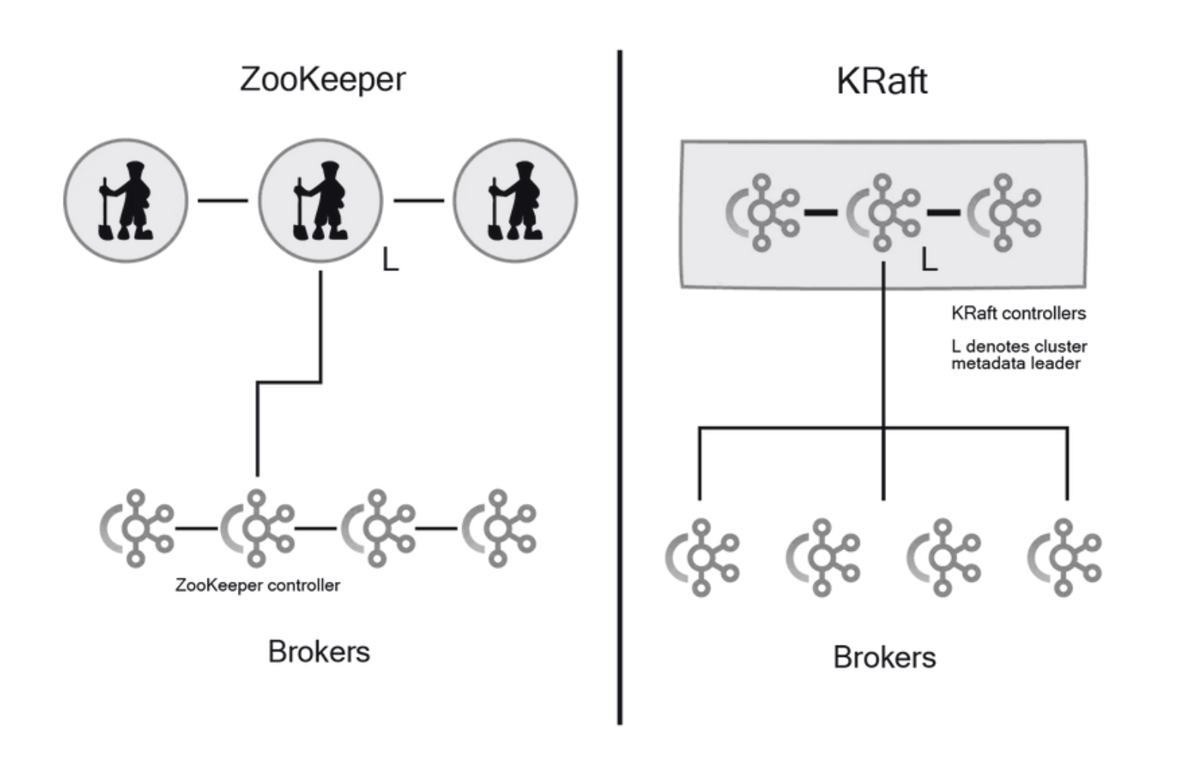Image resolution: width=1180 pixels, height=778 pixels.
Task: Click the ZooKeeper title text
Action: pyautogui.click(x=323, y=79)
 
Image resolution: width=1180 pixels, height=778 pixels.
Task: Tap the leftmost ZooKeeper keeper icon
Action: pyautogui.click(x=126, y=201)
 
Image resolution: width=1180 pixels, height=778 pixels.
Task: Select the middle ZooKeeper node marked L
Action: pyautogui.click(x=320, y=201)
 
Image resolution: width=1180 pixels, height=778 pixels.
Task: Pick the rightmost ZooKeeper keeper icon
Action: pyautogui.click(x=515, y=201)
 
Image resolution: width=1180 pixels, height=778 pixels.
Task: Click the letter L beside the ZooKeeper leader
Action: pyautogui.click(x=390, y=260)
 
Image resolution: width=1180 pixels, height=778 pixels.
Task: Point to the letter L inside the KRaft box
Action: pyautogui.click(x=929, y=261)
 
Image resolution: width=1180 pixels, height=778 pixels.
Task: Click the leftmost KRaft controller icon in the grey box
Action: pyautogui.click(x=763, y=213)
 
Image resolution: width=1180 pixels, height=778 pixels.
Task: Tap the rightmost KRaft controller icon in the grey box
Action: pyautogui.click(x=1004, y=213)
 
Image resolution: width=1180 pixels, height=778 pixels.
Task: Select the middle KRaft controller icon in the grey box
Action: pyautogui.click(x=883, y=213)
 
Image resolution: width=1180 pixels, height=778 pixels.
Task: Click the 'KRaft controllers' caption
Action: pyautogui.click(x=1018, y=313)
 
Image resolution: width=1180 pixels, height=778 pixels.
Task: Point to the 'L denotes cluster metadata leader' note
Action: pyautogui.click(x=1018, y=355)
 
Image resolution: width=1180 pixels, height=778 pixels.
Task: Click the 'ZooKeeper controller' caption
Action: pyautogui.click(x=258, y=585)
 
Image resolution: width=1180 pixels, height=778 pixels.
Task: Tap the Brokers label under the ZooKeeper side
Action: pyautogui.click(x=319, y=652)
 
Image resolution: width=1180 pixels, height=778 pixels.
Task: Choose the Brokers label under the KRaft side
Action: pyautogui.click(x=884, y=657)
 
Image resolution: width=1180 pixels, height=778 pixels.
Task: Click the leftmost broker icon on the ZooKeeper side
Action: pyautogui.click(x=136, y=528)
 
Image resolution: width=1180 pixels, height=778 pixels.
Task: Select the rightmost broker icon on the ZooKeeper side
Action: pyautogui.click(x=498, y=528)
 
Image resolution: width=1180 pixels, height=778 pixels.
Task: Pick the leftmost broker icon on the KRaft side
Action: pyautogui.click(x=702, y=557)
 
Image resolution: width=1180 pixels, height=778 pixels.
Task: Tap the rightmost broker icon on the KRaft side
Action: pyautogui.click(x=1064, y=557)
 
